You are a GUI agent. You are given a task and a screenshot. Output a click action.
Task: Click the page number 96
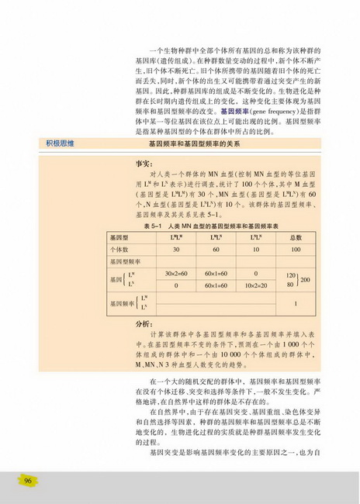click(28, 481)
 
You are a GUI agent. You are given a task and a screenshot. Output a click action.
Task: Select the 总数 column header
click(296, 236)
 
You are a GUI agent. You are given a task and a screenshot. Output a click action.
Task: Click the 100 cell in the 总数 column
click(296, 250)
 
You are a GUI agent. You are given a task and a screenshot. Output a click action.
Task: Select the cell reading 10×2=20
click(255, 285)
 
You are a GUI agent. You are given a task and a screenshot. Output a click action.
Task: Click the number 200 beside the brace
click(306, 279)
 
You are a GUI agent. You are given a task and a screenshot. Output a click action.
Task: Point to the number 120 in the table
click(291, 274)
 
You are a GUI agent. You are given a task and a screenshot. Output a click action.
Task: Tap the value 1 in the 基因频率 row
click(296, 303)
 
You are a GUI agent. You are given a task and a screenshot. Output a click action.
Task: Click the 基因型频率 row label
click(123, 262)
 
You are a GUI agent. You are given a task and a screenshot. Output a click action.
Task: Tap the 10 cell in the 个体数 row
click(255, 250)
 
